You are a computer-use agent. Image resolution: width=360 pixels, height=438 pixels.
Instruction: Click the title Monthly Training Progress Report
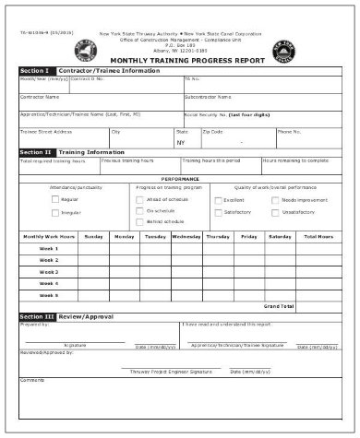pos(180,59)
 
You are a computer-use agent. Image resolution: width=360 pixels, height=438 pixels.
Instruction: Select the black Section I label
pos(34,71)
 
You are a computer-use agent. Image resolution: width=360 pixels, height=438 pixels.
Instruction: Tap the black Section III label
pos(35,316)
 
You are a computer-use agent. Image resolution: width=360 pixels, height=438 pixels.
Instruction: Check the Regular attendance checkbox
pos(54,199)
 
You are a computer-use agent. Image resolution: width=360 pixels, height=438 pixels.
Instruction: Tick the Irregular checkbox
pos(54,212)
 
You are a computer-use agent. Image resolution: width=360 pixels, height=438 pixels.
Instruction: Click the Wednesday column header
pos(186,237)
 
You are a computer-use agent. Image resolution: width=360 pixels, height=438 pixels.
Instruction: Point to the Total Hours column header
pos(318,237)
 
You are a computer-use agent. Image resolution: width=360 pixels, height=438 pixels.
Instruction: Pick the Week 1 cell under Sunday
pos(93,249)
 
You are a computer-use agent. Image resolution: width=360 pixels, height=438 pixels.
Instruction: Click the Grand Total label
pos(279,305)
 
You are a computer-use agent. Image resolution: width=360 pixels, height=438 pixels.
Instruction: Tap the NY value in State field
pos(181,143)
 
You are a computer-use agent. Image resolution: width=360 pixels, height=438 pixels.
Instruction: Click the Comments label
pos(31,379)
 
